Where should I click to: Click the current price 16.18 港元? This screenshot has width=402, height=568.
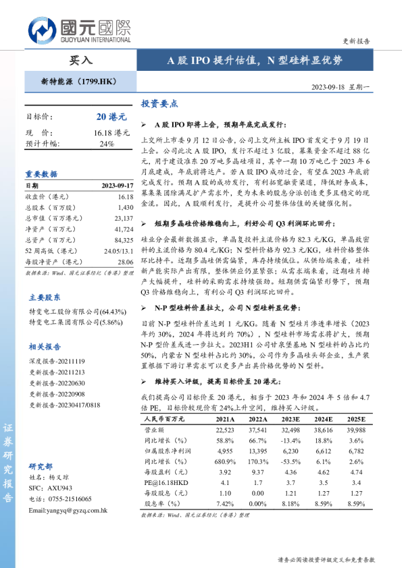pos(111,133)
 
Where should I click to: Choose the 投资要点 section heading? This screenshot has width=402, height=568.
pos(159,104)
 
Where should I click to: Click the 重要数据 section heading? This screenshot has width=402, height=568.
pos(42,173)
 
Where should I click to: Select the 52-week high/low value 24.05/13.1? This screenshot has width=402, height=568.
pos(116,250)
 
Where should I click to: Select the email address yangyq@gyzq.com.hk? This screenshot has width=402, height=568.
pos(68,511)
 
